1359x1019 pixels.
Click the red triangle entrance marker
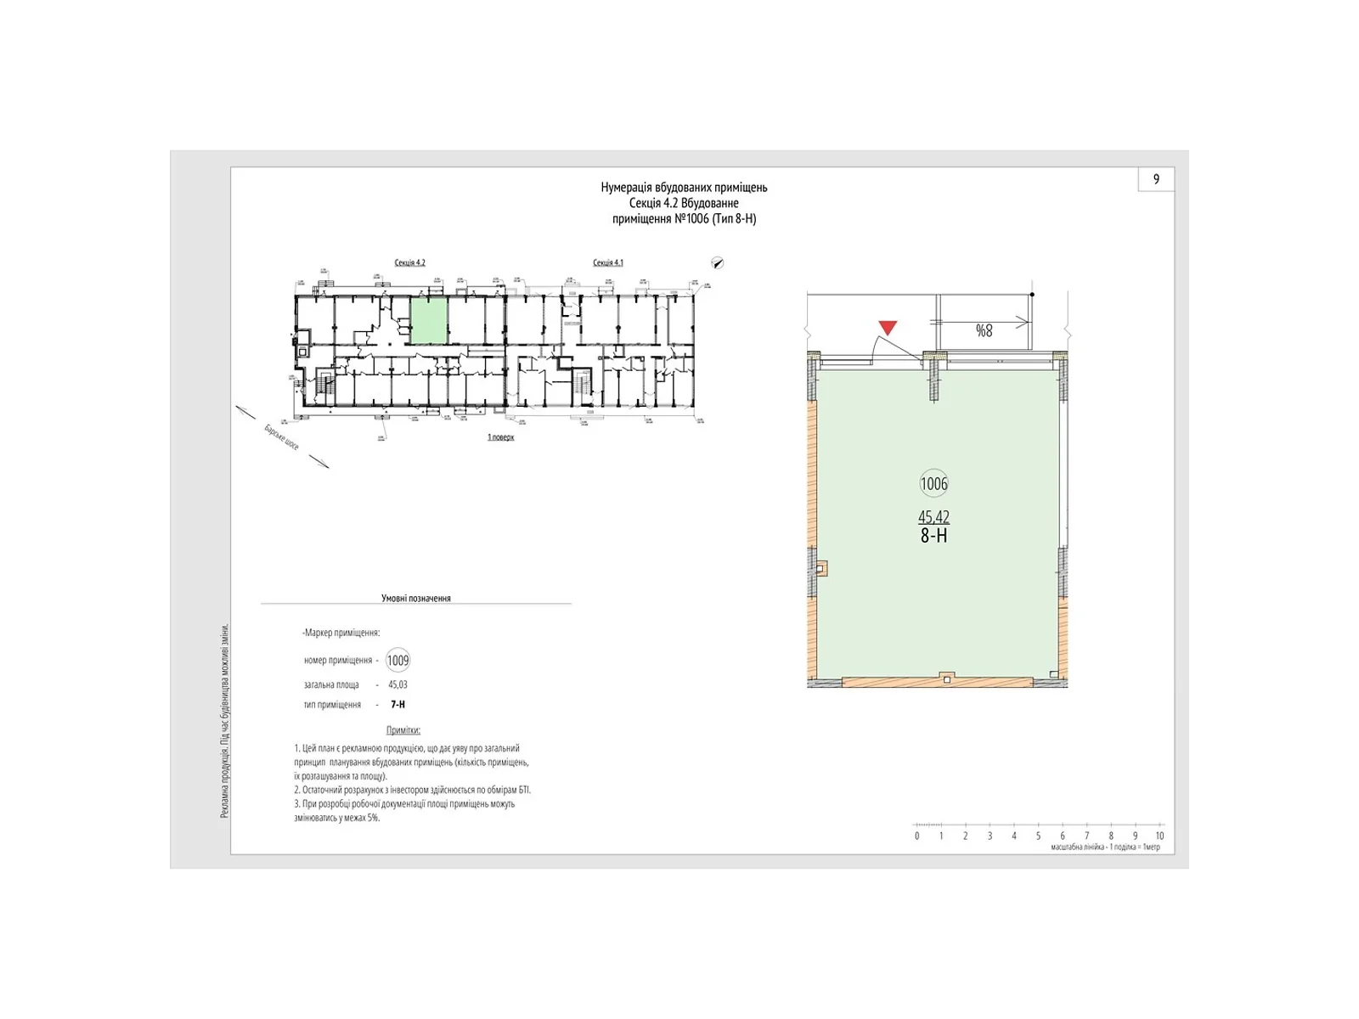(x=888, y=328)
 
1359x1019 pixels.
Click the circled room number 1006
(x=933, y=484)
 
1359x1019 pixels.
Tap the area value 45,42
(x=933, y=516)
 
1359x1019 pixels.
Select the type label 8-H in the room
(x=933, y=536)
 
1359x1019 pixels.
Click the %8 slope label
(x=984, y=331)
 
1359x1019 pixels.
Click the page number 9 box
(x=1156, y=179)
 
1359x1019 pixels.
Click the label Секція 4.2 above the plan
(x=409, y=262)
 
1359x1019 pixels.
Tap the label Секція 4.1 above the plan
(x=607, y=262)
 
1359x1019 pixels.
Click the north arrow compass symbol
(x=718, y=263)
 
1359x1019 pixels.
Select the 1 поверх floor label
(x=500, y=437)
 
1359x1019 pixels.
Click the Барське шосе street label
(x=281, y=437)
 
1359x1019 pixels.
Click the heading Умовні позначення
(x=415, y=598)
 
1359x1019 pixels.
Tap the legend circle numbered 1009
(x=398, y=661)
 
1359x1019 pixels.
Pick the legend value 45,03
(x=398, y=684)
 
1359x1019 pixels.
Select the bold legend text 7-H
(x=398, y=705)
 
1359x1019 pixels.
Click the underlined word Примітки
(x=403, y=730)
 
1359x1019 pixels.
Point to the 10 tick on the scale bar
(x=1159, y=836)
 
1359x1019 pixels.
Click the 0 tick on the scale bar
(x=916, y=836)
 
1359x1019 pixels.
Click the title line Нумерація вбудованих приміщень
(x=684, y=188)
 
